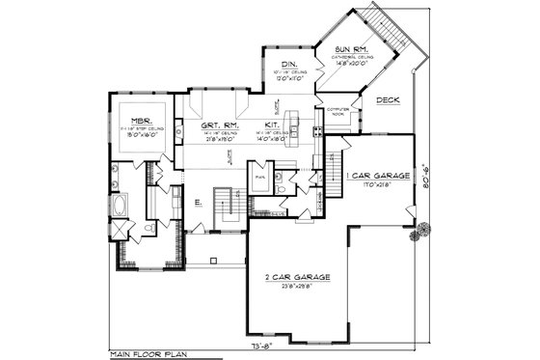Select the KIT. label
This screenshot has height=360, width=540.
(x=272, y=125)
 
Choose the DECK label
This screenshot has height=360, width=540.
(x=388, y=100)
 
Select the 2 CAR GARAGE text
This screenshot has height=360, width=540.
(x=302, y=277)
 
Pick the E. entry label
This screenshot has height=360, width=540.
(x=197, y=203)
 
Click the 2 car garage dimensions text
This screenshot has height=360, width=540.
(x=302, y=287)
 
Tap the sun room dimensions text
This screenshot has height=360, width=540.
(x=349, y=64)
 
